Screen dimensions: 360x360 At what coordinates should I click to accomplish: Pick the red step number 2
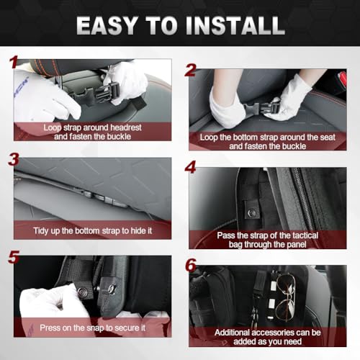click(191, 69)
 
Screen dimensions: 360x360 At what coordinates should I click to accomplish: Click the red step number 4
click(191, 167)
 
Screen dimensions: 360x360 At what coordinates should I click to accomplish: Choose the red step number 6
click(191, 264)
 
